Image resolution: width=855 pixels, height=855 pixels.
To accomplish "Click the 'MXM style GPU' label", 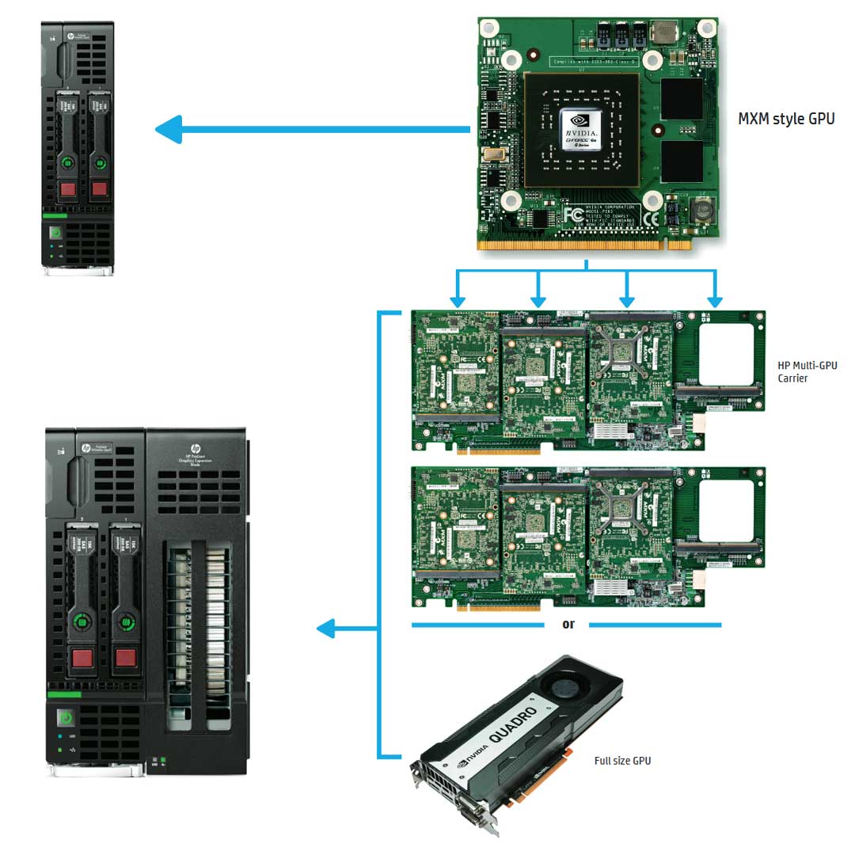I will click(785, 120).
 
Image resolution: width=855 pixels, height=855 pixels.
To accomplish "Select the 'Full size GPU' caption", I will click(622, 761).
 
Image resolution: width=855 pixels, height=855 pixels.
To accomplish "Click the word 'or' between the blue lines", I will click(568, 625).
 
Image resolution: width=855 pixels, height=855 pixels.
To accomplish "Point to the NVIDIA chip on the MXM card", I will click(583, 130).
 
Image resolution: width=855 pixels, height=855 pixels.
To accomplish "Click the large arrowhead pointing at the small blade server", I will click(169, 129).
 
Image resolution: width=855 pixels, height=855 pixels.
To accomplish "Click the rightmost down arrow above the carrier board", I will click(715, 301).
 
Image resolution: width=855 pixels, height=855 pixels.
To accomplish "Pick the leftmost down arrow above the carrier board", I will click(457, 301).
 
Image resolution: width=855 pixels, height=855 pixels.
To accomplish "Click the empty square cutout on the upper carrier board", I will click(727, 350).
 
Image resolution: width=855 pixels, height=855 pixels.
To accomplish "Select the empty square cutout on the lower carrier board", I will click(727, 507).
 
